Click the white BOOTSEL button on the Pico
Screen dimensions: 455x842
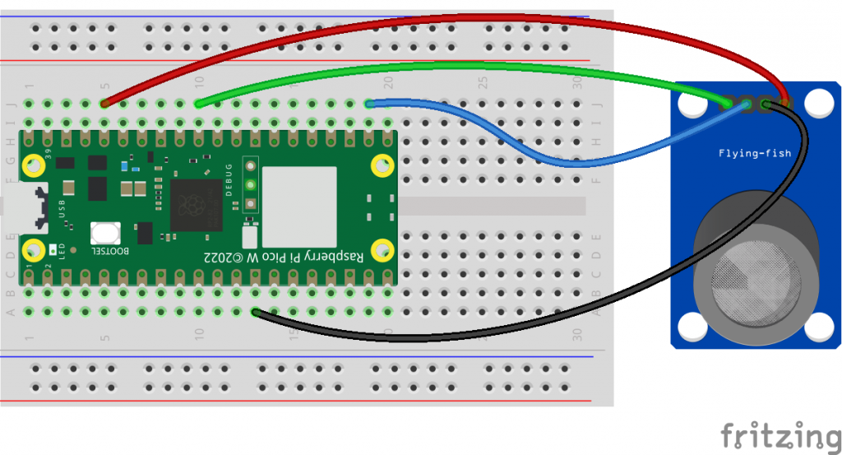tap(105, 234)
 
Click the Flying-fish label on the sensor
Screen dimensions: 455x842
tap(747, 153)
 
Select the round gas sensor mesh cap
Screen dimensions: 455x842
tap(756, 284)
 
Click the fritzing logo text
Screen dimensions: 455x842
tap(781, 435)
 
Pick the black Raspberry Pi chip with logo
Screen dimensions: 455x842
tap(197, 207)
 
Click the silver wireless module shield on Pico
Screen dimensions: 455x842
tap(299, 207)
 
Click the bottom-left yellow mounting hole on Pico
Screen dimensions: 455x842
tap(34, 248)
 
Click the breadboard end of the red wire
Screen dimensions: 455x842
tap(105, 104)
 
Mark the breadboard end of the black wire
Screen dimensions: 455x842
tap(257, 312)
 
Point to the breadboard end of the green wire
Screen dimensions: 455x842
tap(199, 104)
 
